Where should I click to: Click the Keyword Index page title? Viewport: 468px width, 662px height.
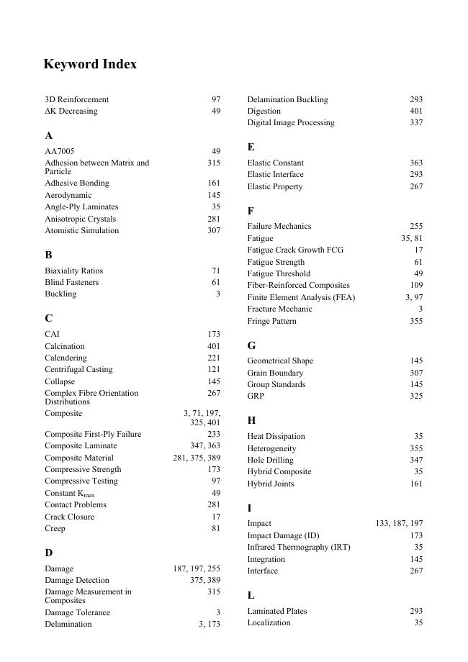[x=90, y=64]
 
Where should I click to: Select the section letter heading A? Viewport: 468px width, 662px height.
[x=48, y=135]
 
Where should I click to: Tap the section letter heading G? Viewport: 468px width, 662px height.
[x=251, y=345]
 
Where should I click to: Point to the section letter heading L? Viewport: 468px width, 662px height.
[x=251, y=595]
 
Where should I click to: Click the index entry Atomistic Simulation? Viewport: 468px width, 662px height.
[x=81, y=230]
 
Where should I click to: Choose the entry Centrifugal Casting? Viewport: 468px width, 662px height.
[x=78, y=369]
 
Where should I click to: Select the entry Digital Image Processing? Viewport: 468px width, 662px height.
[x=291, y=122]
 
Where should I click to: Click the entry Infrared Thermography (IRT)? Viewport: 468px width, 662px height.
[x=299, y=547]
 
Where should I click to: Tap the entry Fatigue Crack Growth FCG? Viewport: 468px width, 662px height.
[x=295, y=250]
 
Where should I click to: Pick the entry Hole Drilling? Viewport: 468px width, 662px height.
[x=270, y=460]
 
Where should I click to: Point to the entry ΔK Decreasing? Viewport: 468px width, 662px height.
[x=71, y=111]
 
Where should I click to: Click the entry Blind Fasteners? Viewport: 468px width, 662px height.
[x=72, y=282]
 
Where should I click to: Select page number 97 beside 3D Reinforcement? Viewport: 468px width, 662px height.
[x=216, y=99]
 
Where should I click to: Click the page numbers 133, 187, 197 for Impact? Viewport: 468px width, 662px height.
[x=399, y=523]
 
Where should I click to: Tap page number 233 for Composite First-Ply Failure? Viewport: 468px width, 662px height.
[x=214, y=434]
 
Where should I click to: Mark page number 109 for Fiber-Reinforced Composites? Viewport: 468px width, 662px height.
[x=416, y=285]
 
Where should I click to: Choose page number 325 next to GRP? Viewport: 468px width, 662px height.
[x=416, y=396]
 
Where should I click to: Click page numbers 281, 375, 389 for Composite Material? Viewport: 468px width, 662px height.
[x=197, y=458]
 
